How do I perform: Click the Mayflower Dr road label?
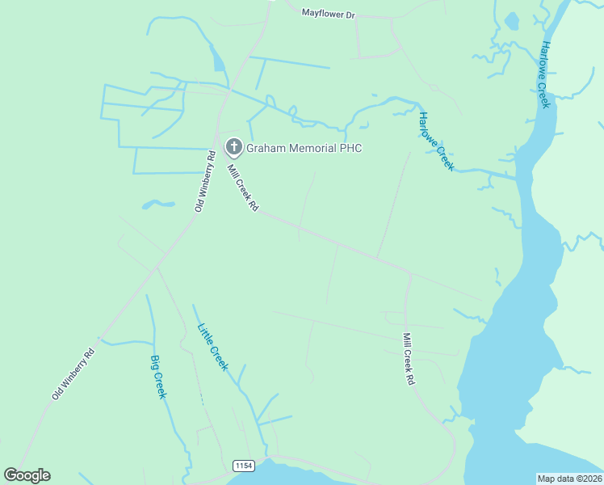click(x=328, y=14)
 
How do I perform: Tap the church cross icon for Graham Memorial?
click(x=233, y=147)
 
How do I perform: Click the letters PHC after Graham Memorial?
click(x=351, y=148)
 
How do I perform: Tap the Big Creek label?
click(x=158, y=377)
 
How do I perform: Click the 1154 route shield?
click(x=243, y=466)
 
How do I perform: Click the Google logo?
click(x=27, y=475)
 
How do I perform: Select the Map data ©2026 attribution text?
click(x=569, y=478)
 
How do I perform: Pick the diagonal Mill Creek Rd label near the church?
click(x=242, y=188)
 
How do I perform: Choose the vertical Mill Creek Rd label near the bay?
click(x=409, y=358)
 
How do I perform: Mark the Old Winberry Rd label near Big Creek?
click(x=73, y=373)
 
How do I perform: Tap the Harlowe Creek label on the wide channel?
click(x=545, y=74)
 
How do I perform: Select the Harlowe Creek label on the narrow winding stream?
click(x=436, y=141)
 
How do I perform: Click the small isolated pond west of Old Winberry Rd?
click(x=159, y=204)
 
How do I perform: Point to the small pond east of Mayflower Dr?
click(x=511, y=21)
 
